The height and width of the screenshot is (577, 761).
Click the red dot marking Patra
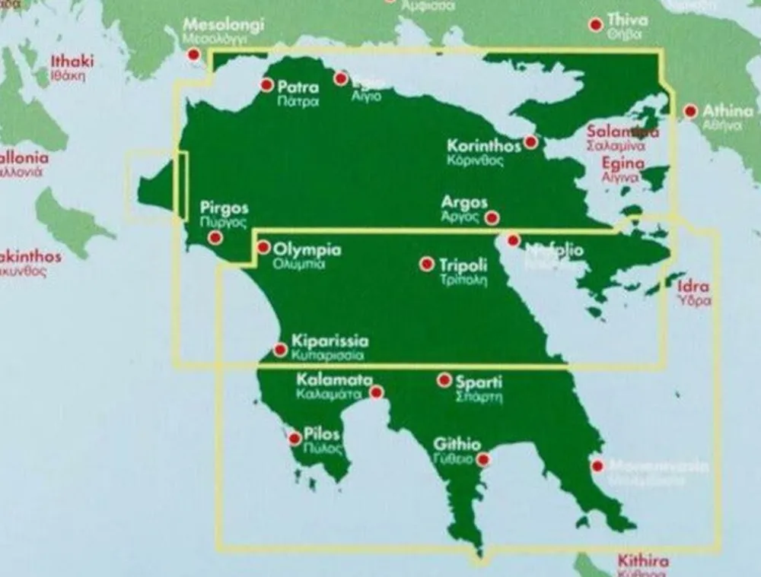click(x=266, y=85)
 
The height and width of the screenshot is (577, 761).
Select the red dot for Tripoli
click(x=427, y=264)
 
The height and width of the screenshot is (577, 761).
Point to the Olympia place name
click(x=307, y=249)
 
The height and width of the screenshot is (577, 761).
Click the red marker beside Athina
click(x=690, y=112)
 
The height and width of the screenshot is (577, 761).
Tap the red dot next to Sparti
click(x=444, y=380)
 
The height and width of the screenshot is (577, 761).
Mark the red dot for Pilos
click(x=295, y=439)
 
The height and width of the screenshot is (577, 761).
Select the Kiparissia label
click(x=330, y=341)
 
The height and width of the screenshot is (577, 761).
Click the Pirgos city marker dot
click(x=215, y=238)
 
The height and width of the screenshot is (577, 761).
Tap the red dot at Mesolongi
click(x=194, y=55)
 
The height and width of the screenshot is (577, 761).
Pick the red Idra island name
click(x=693, y=287)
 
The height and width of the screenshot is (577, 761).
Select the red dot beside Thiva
click(x=596, y=25)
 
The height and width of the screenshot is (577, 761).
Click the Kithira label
click(x=643, y=562)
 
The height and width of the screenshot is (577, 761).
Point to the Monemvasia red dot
click(x=597, y=465)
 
